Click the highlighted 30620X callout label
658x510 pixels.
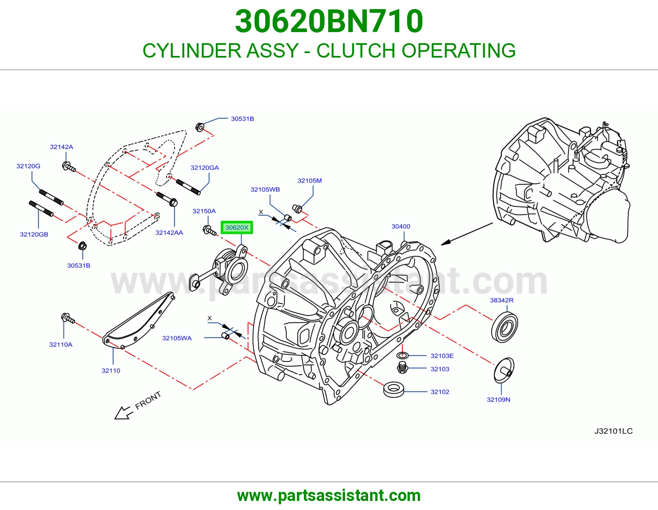click(x=236, y=227)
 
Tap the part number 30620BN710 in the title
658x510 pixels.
click(x=329, y=21)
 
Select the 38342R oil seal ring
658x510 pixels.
click(x=504, y=327)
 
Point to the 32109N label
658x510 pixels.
click(x=498, y=399)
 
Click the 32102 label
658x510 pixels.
click(x=440, y=392)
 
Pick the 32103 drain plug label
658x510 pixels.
click(x=440, y=369)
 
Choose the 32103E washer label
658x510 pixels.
click(x=442, y=355)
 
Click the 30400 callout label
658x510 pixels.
click(x=401, y=226)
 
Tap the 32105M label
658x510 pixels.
click(x=310, y=181)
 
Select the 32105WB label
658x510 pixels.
click(x=265, y=189)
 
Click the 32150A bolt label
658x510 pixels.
click(x=204, y=211)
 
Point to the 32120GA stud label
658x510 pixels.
click(x=204, y=167)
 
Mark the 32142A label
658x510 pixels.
click(x=61, y=147)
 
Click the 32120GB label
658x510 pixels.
click(x=34, y=234)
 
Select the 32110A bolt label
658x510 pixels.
click(x=60, y=344)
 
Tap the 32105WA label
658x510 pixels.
click(x=177, y=338)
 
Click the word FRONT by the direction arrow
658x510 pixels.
click(x=148, y=400)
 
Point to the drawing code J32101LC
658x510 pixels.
click(x=614, y=431)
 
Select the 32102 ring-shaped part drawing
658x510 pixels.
click(x=394, y=389)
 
